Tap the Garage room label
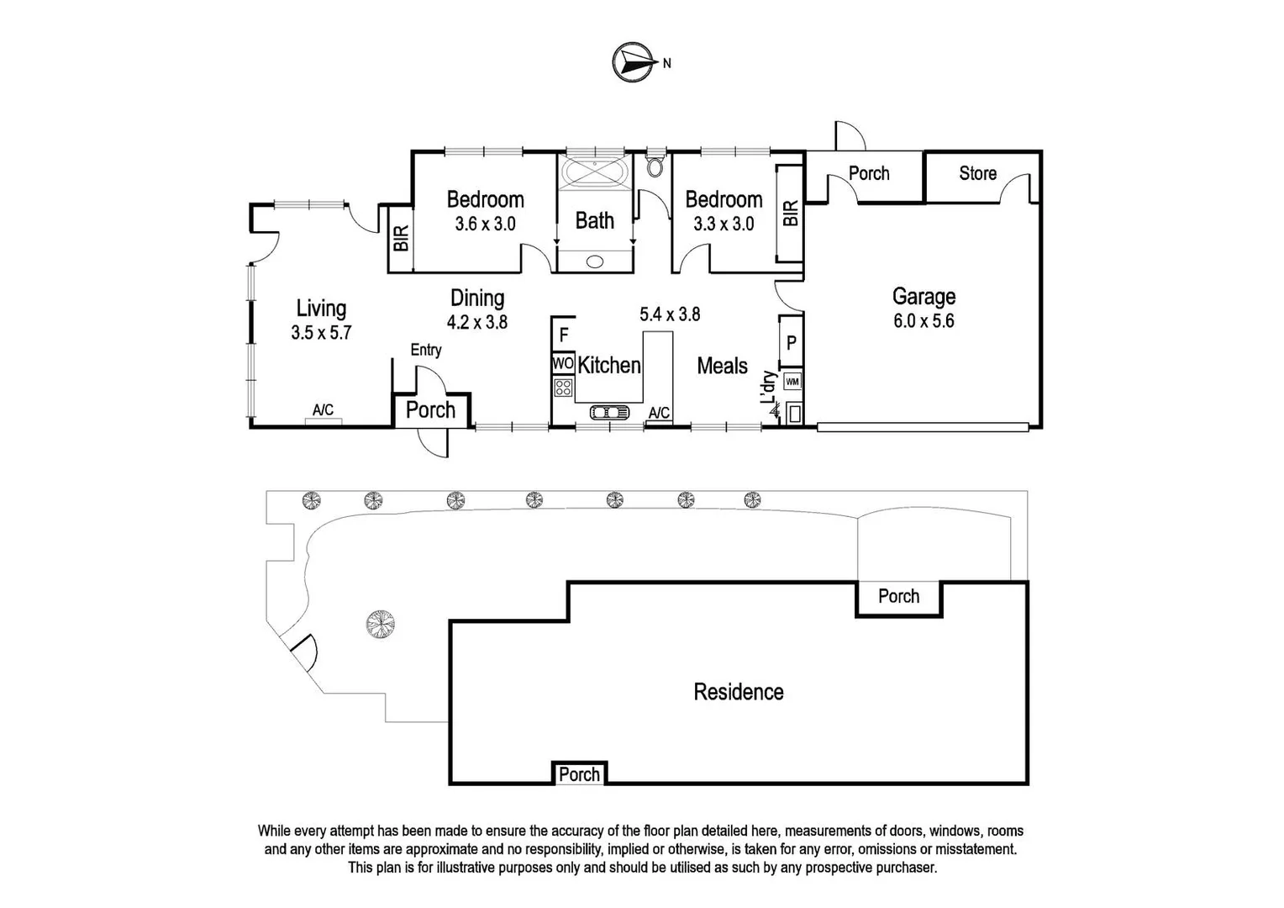click(x=924, y=296)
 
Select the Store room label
click(x=977, y=173)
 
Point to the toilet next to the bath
click(x=655, y=166)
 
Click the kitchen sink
click(x=610, y=412)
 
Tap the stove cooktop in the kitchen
click(x=563, y=388)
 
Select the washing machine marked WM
click(x=792, y=382)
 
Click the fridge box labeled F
click(x=564, y=335)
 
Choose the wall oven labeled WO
click(x=562, y=364)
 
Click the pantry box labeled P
click(x=791, y=343)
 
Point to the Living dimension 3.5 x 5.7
click(x=321, y=333)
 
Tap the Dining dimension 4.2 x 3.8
click(x=477, y=322)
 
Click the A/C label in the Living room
click(x=323, y=410)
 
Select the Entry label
click(x=426, y=350)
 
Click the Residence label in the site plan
click(x=738, y=692)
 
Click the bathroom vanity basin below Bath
click(x=595, y=261)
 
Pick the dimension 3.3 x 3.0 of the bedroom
click(x=723, y=224)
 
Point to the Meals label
click(x=722, y=366)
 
